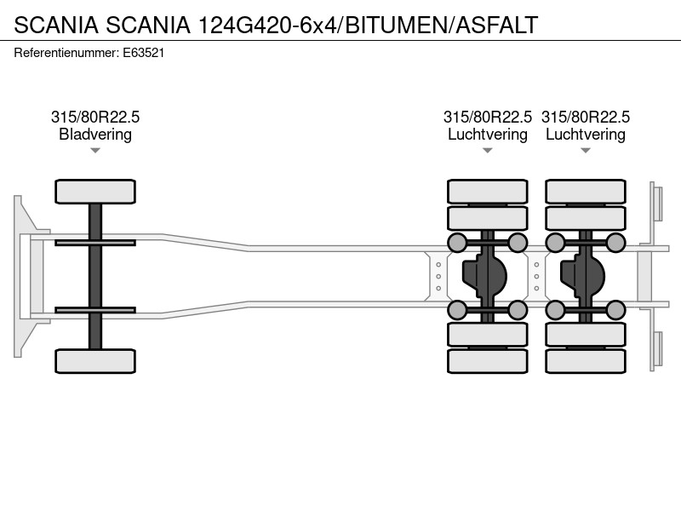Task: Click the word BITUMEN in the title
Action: coord(396,25)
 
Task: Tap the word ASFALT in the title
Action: coord(496,25)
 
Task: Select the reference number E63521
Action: coord(143,53)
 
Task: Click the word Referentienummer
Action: coord(66,53)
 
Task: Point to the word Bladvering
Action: coord(95,135)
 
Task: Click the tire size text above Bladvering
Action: coord(95,117)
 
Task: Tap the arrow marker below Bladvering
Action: coord(95,151)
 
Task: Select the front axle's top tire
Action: coord(95,192)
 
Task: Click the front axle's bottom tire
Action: coord(95,361)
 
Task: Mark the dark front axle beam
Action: coord(95,276)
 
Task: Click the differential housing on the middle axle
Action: coord(484,276)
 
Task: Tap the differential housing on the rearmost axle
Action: coord(582,276)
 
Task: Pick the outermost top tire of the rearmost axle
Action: coord(586,192)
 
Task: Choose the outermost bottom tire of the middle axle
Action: coord(487,361)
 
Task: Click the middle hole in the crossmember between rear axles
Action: coord(537,276)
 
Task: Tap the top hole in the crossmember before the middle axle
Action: coord(438,265)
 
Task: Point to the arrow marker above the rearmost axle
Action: coord(586,151)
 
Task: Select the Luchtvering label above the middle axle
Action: coord(487,135)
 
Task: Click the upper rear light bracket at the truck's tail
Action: coord(656,204)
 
